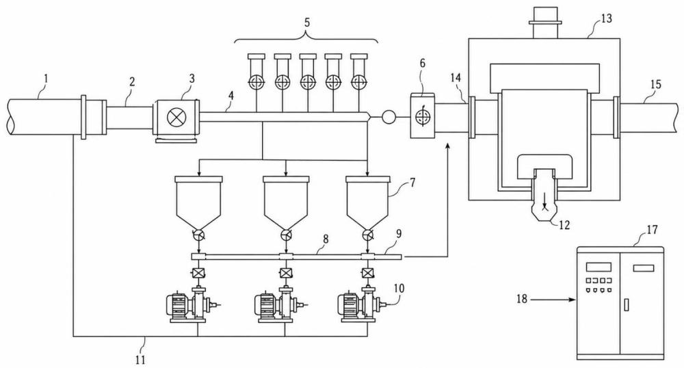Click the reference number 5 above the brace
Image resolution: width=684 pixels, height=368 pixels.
(306, 23)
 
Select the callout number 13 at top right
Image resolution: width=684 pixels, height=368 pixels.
(606, 18)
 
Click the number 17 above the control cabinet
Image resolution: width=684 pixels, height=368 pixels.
(652, 229)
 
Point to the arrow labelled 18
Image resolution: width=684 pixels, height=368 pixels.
(554, 300)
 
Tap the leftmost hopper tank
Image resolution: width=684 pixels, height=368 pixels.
(198, 202)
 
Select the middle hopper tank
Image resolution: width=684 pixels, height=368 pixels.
(286, 202)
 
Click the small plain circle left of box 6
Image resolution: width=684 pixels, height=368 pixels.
(389, 117)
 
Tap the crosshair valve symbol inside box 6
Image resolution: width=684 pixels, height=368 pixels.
(421, 116)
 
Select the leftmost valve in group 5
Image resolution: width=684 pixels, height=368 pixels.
(256, 82)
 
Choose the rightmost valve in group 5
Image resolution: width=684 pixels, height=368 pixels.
(359, 82)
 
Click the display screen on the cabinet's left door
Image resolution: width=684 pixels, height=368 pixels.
(598, 266)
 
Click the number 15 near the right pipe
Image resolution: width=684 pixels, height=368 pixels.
(656, 84)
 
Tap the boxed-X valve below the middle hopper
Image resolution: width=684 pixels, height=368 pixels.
(286, 274)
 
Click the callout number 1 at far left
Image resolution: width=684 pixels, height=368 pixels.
(47, 79)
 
